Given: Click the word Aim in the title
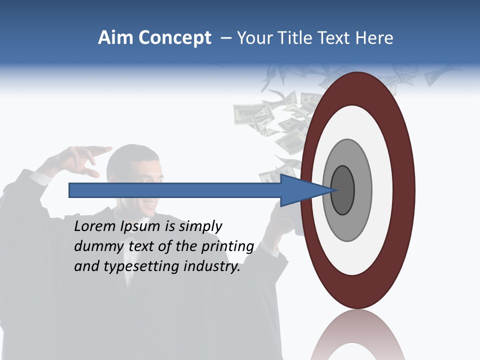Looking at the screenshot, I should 115,38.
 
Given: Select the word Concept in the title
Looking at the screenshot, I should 174,38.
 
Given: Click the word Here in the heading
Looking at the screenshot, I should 374,38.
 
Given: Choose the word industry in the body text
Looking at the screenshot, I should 212,266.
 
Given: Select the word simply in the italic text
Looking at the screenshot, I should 200,226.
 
